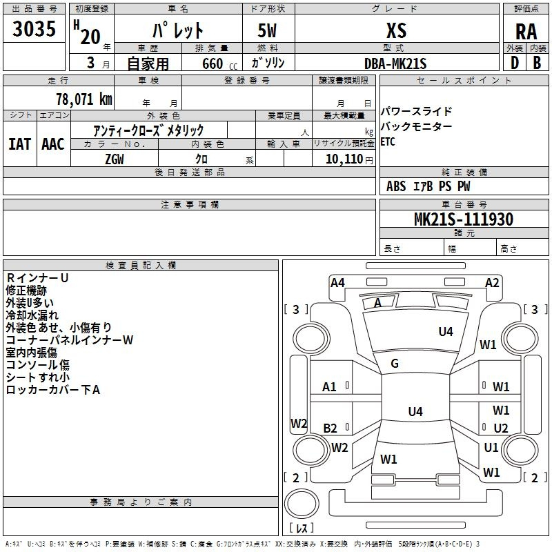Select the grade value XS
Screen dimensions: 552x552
pyautogui.click(x=396, y=30)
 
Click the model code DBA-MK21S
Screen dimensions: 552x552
pyautogui.click(x=395, y=63)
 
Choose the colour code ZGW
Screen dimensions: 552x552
pyautogui.click(x=114, y=159)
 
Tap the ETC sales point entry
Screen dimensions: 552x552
pyautogui.click(x=388, y=141)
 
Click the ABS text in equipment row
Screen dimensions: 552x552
pyautogui.click(x=396, y=186)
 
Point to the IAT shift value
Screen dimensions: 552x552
pyautogui.click(x=20, y=144)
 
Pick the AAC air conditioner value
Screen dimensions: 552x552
pyautogui.click(x=52, y=144)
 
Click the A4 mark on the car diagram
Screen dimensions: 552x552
pyautogui.click(x=337, y=282)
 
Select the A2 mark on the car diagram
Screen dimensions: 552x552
pyautogui.click(x=491, y=282)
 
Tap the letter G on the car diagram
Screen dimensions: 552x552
pyautogui.click(x=395, y=364)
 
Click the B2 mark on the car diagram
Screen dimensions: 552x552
pyautogui.click(x=330, y=428)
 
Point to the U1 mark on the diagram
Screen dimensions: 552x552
pyautogui.click(x=491, y=447)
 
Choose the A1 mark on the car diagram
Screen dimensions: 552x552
pyautogui.click(x=329, y=386)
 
